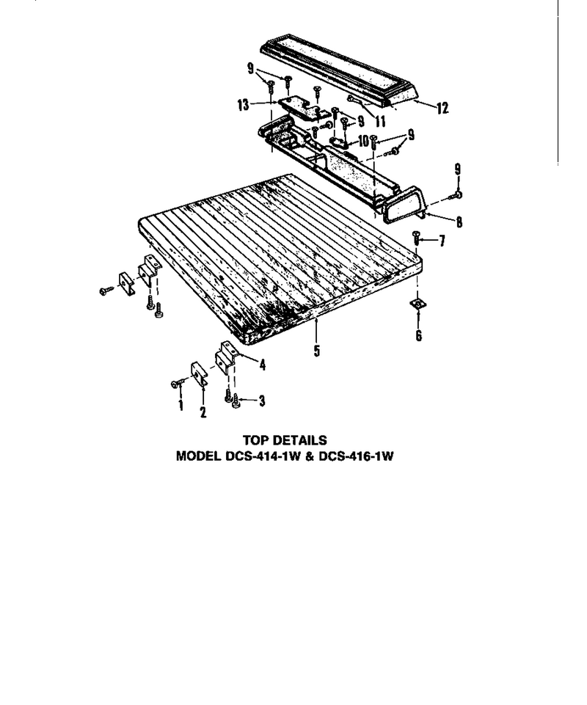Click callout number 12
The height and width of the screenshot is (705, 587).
pos(442,108)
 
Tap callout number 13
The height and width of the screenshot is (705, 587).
pos(244,105)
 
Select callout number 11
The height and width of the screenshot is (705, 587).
pos(380,121)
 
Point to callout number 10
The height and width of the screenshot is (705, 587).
pos(363,141)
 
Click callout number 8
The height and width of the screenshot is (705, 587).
pos(459,222)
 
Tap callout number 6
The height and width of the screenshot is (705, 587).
pos(419,335)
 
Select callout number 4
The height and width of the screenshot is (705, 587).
pos(262,365)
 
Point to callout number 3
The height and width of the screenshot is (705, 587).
pos(262,401)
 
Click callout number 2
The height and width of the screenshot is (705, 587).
pos(203,412)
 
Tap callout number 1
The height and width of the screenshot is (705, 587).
pos(181,405)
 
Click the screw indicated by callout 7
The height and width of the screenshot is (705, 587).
pos(416,237)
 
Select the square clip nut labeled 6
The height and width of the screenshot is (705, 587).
pos(418,304)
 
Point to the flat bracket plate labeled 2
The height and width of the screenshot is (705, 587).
pos(199,373)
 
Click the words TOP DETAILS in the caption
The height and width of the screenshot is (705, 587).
pos(285,440)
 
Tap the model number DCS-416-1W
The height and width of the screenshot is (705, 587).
pos(356,456)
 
